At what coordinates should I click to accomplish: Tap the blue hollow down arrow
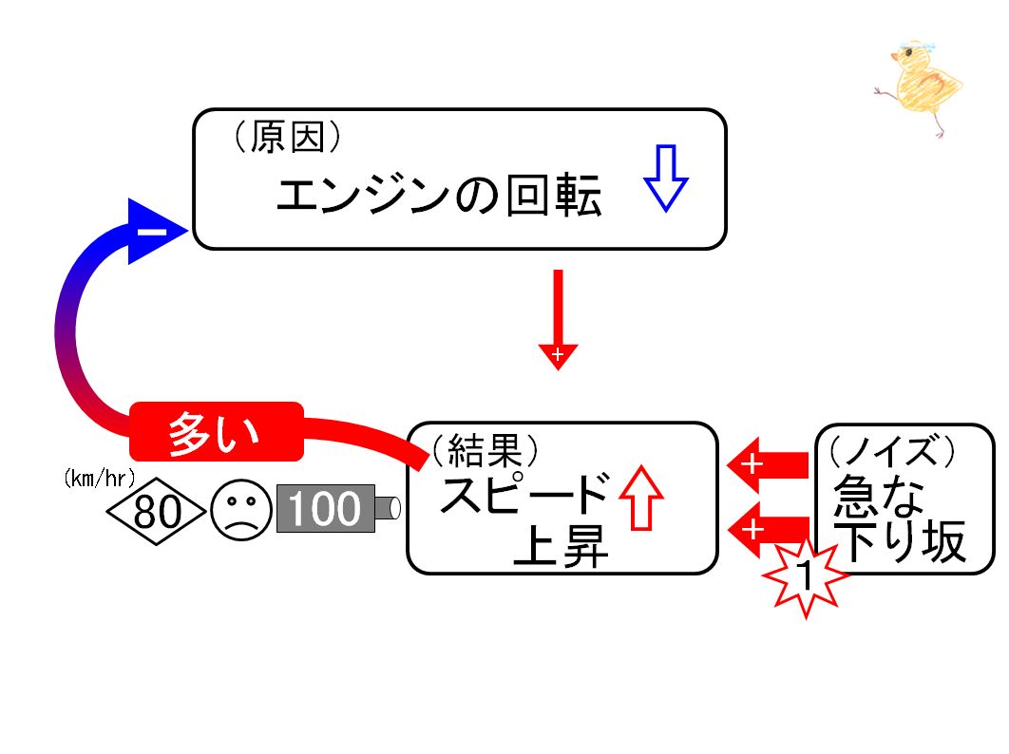coord(666,178)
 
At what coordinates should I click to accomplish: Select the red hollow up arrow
coord(641,498)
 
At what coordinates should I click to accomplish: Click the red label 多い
coord(217,432)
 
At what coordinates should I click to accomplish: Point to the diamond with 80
coord(157,512)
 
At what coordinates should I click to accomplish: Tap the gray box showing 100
coord(326,508)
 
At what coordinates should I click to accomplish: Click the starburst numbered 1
coord(806,575)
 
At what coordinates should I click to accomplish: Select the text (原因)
coord(287,137)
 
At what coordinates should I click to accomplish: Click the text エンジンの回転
coord(440,195)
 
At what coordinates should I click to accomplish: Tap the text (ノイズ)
coord(892,450)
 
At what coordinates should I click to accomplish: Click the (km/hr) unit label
coord(99,478)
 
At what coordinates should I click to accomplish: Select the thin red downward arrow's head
coord(558,357)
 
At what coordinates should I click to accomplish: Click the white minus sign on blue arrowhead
coord(152,232)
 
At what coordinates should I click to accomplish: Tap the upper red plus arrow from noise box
coord(768,464)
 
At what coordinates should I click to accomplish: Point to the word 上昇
coord(561,546)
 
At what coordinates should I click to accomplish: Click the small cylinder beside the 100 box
coord(388,508)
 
